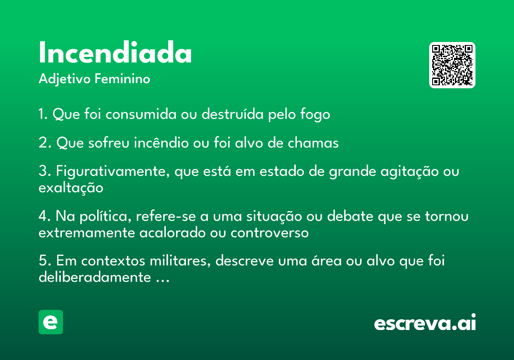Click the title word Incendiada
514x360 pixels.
tap(115, 52)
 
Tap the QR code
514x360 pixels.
tap(452, 65)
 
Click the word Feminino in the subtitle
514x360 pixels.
tap(123, 79)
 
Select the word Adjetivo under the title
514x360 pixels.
tap(65, 79)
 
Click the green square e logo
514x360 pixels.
tap(51, 322)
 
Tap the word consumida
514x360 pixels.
tap(141, 114)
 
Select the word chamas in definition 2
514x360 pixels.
tap(313, 142)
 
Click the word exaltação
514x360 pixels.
tap(71, 188)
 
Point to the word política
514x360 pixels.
tap(105, 216)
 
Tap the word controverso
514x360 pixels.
tap(269, 233)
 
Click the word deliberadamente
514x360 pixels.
tap(95, 277)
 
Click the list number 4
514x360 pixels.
tap(44, 216)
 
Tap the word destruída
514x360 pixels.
tap(233, 114)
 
